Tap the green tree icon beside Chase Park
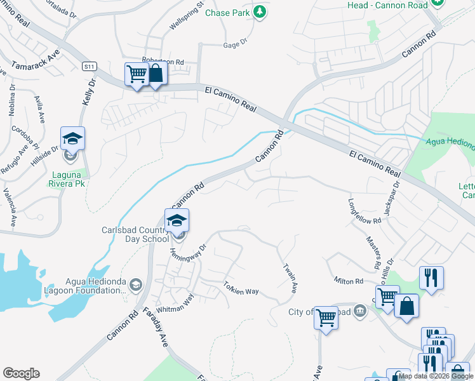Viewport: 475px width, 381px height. coord(258,11)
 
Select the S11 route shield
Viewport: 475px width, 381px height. coord(90,66)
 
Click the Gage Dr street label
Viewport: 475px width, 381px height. coord(234,45)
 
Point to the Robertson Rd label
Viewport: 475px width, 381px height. coord(163,61)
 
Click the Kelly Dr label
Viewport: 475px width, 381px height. coord(89,92)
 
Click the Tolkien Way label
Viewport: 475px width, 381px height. coord(241,288)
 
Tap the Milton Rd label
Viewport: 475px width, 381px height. coord(349,281)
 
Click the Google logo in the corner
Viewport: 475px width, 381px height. coord(21,373)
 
